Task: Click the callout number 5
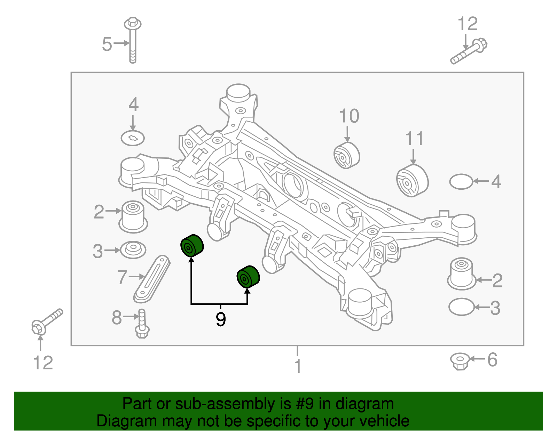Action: click(x=107, y=44)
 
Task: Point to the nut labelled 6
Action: click(x=460, y=361)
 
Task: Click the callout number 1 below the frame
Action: click(x=298, y=366)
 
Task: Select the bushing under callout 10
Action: click(x=346, y=155)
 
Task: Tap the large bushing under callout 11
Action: click(x=413, y=181)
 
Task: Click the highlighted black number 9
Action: click(x=221, y=319)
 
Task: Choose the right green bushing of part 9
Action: click(x=248, y=277)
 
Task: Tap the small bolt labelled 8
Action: click(x=142, y=324)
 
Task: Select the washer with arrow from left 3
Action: click(x=133, y=249)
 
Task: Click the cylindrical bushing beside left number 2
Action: click(x=133, y=216)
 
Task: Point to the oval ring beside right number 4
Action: click(x=461, y=181)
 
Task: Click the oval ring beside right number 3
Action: click(x=462, y=307)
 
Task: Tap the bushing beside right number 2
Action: click(x=462, y=273)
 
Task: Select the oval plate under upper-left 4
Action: click(x=133, y=138)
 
